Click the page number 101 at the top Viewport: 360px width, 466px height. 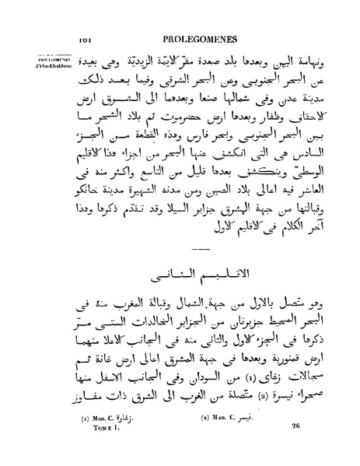(86, 37)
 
